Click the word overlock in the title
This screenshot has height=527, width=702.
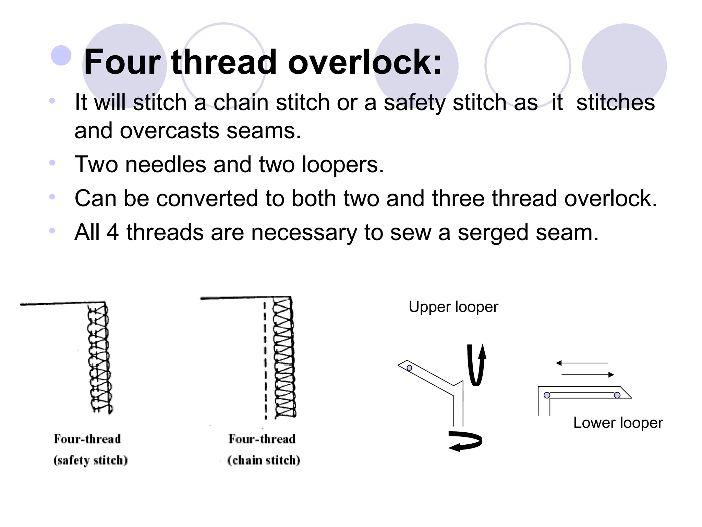(365, 62)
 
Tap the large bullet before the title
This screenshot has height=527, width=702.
(61, 55)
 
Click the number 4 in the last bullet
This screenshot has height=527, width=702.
(112, 233)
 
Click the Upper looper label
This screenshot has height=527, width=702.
(453, 307)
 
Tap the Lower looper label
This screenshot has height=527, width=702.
(618, 423)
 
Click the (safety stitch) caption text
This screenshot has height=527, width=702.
(90, 460)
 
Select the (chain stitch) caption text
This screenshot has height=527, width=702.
(263, 460)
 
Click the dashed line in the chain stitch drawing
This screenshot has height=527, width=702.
(265, 360)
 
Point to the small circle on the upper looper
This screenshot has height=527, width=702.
(409, 368)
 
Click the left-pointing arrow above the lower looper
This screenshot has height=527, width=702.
(582, 363)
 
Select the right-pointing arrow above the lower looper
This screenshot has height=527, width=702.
(588, 375)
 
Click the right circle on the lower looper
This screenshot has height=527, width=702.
(617, 395)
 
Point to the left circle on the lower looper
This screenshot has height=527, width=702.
(547, 395)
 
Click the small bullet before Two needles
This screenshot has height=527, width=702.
(52, 162)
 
